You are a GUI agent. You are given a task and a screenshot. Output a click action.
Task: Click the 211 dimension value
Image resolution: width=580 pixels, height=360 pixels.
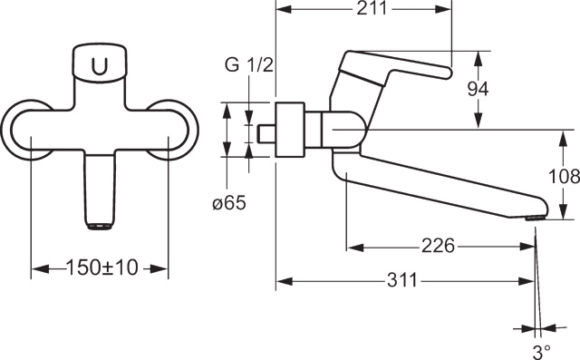[x=372, y=8]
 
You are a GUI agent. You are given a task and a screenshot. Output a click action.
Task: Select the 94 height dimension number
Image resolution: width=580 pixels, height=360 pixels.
[x=478, y=89]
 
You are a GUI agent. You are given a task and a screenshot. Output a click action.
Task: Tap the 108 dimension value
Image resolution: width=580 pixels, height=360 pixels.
[x=564, y=176]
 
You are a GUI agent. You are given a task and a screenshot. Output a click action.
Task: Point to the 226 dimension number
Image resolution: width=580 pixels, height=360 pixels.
[x=439, y=246]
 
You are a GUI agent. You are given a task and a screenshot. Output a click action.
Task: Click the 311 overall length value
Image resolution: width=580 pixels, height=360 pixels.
[x=402, y=280]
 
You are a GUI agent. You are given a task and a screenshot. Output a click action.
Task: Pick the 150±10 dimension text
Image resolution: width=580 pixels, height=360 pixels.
[x=102, y=268]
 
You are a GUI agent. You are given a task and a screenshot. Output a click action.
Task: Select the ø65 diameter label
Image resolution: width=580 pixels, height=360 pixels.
[x=229, y=203]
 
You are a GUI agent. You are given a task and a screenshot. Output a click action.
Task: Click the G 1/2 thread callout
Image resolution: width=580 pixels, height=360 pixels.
[x=249, y=65]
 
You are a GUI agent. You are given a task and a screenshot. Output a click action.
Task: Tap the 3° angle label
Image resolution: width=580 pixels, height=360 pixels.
[x=542, y=351]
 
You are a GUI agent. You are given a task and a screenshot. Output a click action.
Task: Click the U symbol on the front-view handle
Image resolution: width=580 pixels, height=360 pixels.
[x=100, y=66]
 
